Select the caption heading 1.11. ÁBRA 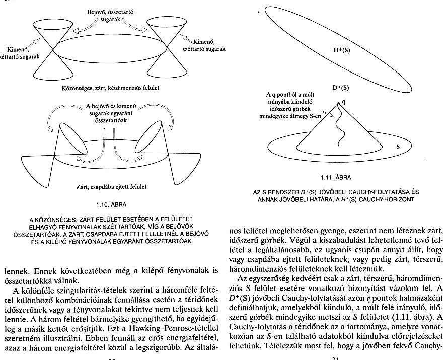click(334, 178)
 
